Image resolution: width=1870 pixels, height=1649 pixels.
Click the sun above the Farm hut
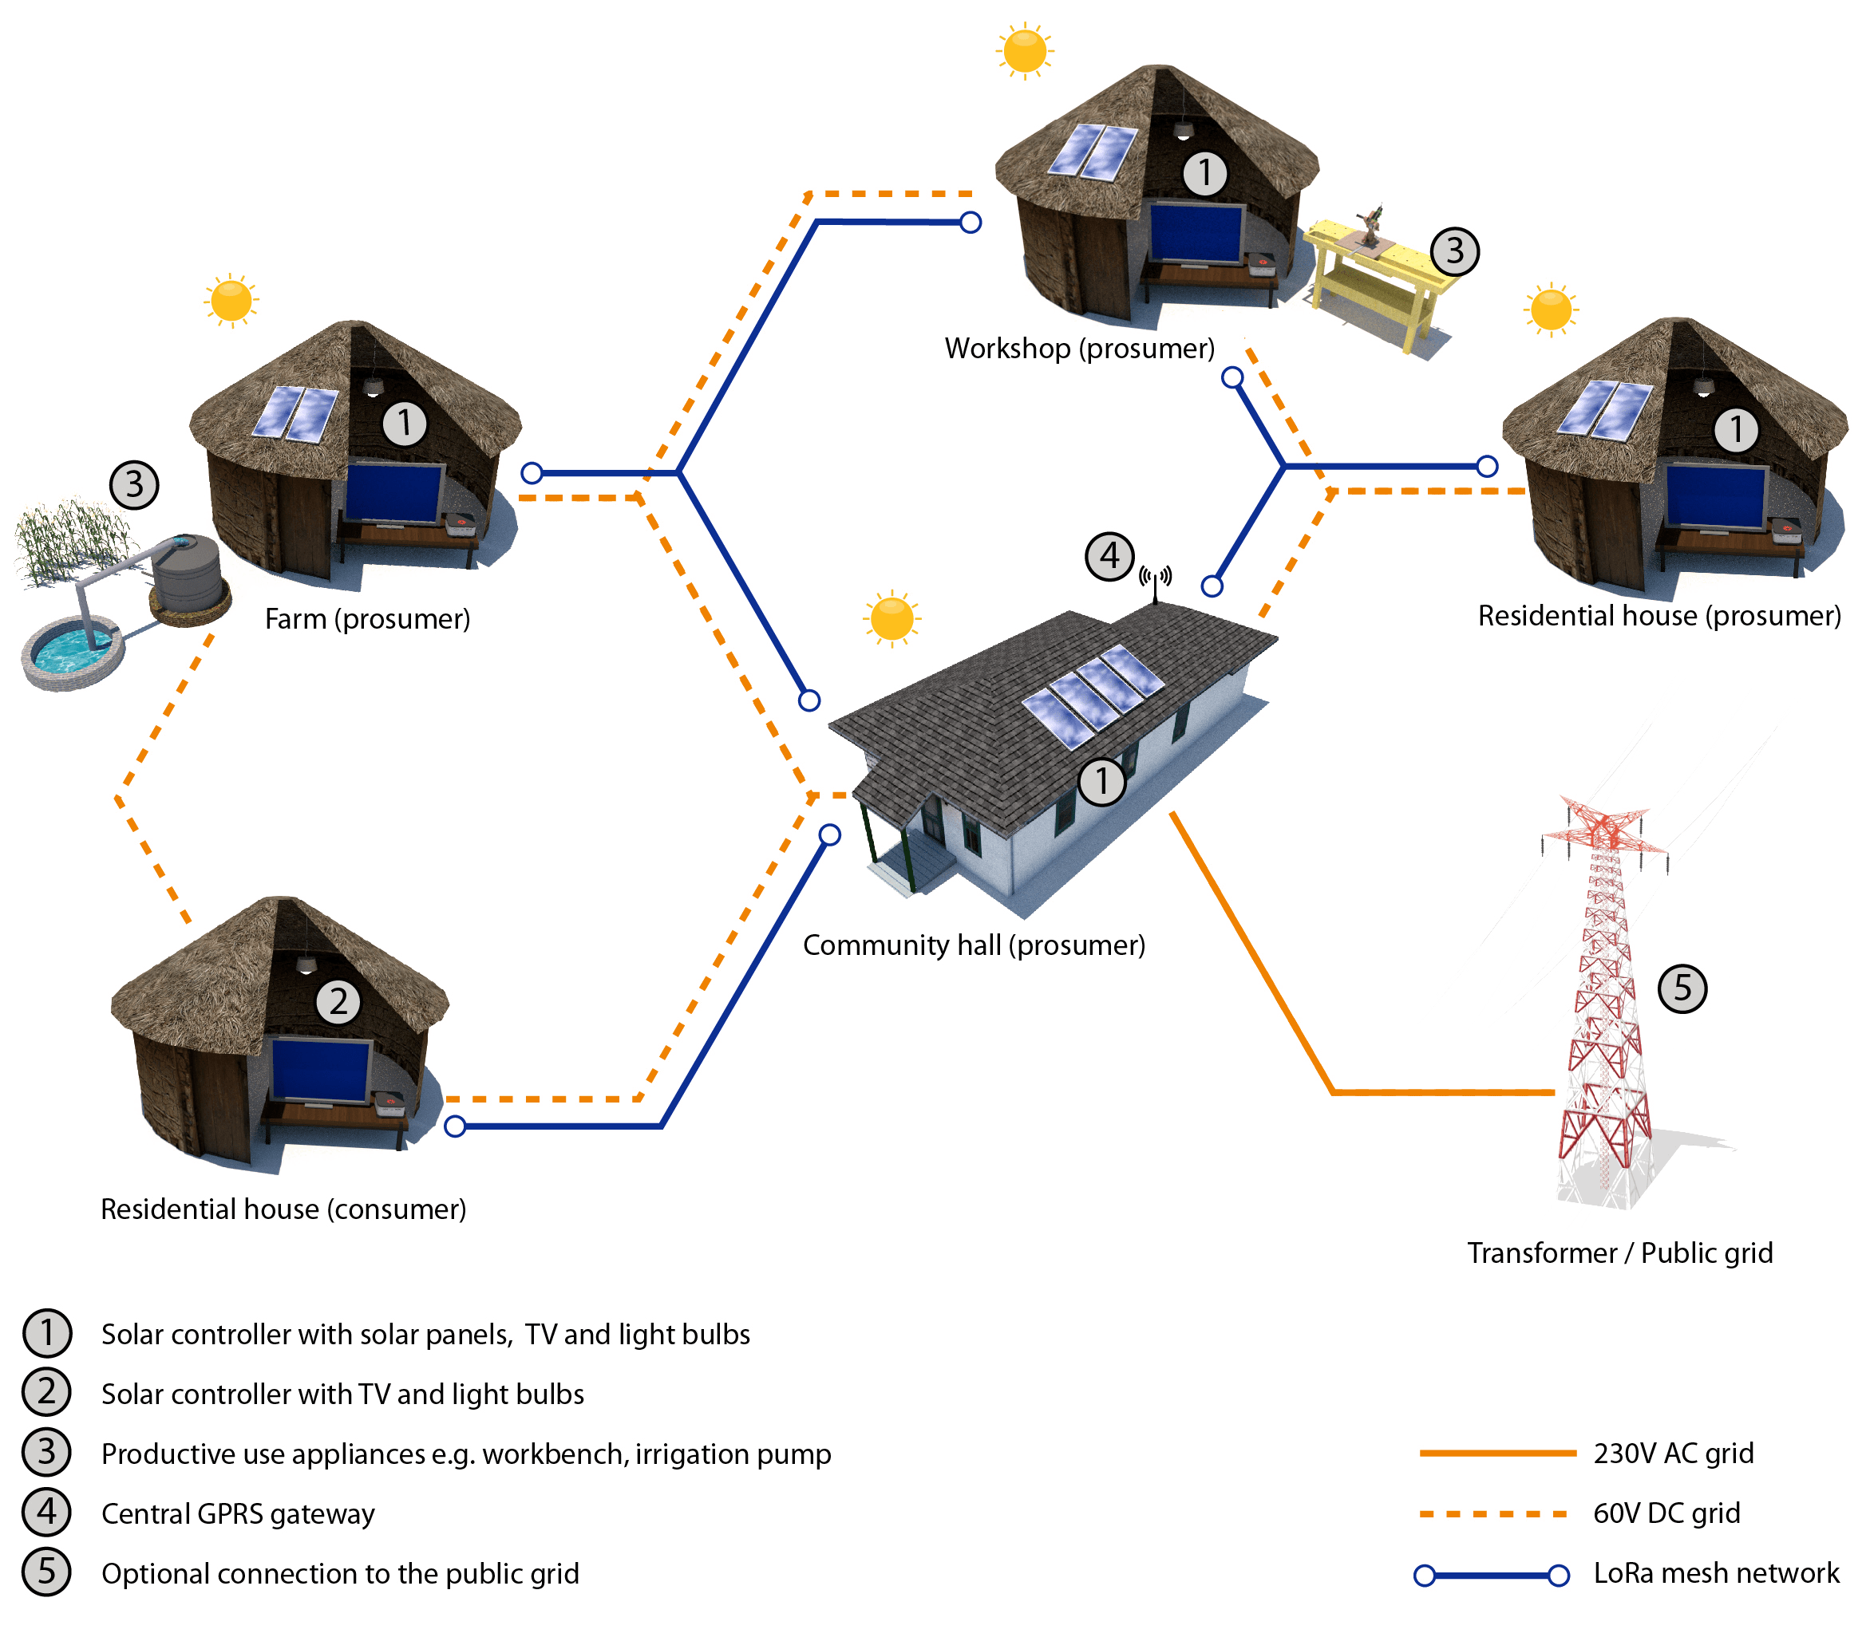point(230,300)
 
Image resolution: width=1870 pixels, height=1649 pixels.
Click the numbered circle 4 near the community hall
point(1109,556)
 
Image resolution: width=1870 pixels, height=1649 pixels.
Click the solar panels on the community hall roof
point(1093,688)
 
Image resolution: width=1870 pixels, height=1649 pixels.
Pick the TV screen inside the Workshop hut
point(1196,234)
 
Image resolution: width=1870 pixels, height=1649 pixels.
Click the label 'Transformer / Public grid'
point(1620,1253)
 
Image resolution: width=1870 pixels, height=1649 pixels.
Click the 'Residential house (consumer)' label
point(283,1209)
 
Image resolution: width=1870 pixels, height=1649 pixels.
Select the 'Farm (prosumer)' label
point(367,620)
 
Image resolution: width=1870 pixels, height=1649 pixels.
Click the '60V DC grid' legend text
point(1667,1514)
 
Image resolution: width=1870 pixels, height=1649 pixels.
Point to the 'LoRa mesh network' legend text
point(1716,1574)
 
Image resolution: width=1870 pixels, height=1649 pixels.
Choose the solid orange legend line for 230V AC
point(1495,1453)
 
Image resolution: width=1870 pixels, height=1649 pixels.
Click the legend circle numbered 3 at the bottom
point(45,1453)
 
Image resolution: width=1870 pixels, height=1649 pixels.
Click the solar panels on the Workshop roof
point(1093,150)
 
